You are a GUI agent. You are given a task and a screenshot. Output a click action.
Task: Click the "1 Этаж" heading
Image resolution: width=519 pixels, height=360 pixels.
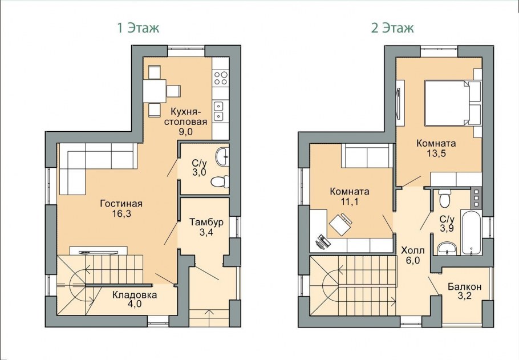[x=139, y=28]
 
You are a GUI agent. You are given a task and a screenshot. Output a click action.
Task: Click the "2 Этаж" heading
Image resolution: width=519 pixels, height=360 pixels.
[x=392, y=28]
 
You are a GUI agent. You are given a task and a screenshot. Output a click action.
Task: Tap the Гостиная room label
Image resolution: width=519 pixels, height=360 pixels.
[x=121, y=203]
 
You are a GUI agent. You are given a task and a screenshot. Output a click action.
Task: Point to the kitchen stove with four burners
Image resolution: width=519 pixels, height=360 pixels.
[x=221, y=78]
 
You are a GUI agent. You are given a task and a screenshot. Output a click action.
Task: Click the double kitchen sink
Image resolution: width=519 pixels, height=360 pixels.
[x=218, y=111]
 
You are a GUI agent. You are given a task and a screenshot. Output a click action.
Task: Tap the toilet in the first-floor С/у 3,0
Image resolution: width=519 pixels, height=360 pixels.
[x=220, y=181]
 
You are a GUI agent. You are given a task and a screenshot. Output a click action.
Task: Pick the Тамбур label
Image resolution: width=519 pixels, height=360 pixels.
[x=206, y=222]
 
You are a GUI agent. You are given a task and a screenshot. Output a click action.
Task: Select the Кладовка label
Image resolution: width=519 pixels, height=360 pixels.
[x=135, y=295]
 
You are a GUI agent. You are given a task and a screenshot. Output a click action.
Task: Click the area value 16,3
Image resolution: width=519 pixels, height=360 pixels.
[x=121, y=214]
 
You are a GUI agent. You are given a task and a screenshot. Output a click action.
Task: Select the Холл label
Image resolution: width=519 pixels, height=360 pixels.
[x=413, y=250]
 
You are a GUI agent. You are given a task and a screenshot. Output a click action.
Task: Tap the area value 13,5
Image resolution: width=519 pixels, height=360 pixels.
[x=436, y=153]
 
